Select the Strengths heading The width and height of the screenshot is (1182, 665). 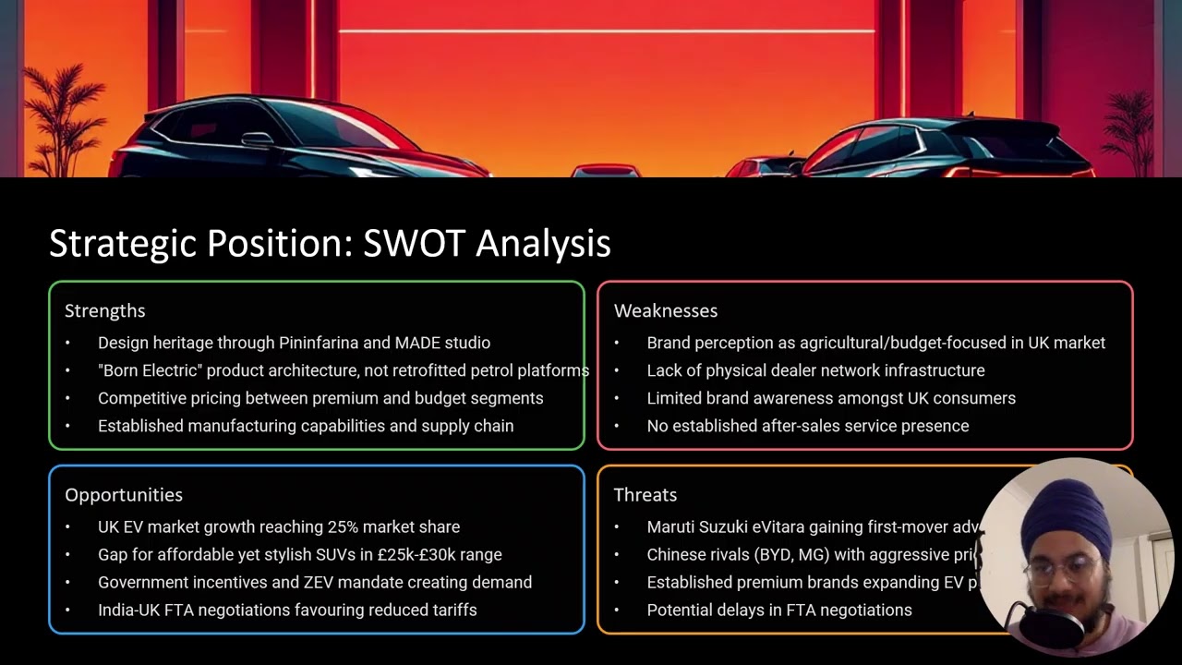pyautogui.click(x=104, y=310)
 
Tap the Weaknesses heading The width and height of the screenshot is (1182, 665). pyautogui.click(x=665, y=310)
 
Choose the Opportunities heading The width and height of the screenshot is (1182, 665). pyautogui.click(x=123, y=495)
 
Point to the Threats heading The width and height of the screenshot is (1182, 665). pyautogui.click(x=645, y=495)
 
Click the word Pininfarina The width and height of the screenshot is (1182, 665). pyautogui.click(x=319, y=343)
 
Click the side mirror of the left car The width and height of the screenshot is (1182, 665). pyautogui.click(x=257, y=139)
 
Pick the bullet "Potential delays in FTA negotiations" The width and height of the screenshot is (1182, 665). pyautogui.click(x=778, y=611)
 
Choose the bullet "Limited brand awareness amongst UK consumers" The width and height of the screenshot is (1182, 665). pyautogui.click(x=830, y=398)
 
